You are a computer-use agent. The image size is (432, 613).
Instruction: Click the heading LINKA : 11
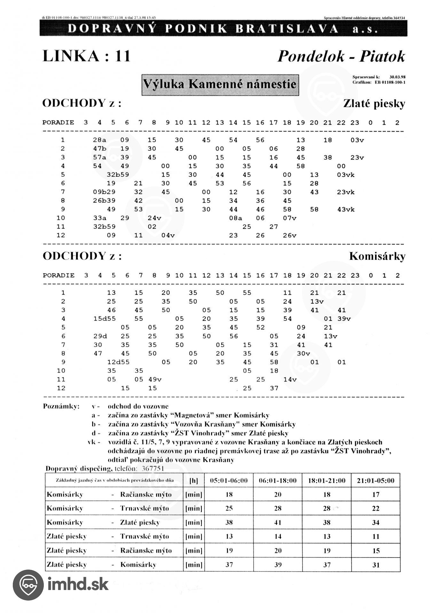[x=87, y=56]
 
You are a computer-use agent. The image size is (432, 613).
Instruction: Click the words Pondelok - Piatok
[x=341, y=57]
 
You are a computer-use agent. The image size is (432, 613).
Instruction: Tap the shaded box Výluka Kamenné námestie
[x=220, y=85]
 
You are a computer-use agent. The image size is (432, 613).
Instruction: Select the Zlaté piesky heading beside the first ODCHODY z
[x=374, y=104]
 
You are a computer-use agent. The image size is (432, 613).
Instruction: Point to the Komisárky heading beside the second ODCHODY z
[x=377, y=256]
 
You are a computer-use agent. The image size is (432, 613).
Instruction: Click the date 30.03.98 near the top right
[x=397, y=77]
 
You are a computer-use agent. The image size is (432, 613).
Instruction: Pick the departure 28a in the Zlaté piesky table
[x=99, y=140]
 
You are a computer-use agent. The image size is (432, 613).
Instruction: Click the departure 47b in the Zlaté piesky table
[x=99, y=149]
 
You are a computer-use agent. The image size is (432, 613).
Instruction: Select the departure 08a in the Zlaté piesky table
[x=235, y=218]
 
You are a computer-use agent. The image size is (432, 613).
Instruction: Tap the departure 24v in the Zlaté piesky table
[x=154, y=218]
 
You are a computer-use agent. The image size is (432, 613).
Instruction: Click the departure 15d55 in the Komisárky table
[x=105, y=319]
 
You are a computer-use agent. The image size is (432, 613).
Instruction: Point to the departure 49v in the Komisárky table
[x=155, y=380]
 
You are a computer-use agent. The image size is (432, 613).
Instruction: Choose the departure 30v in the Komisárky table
[x=303, y=353]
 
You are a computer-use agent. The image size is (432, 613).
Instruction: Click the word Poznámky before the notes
[x=61, y=406]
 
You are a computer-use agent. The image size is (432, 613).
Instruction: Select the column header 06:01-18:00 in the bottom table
[x=278, y=481]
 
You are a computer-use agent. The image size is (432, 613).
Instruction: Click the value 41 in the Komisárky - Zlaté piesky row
[x=278, y=523]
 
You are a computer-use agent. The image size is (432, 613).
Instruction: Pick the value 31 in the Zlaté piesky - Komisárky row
[x=376, y=565]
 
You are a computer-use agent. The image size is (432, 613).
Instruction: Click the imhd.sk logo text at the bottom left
[x=78, y=584]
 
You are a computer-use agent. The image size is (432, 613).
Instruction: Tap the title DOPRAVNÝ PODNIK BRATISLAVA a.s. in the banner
[x=223, y=29]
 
